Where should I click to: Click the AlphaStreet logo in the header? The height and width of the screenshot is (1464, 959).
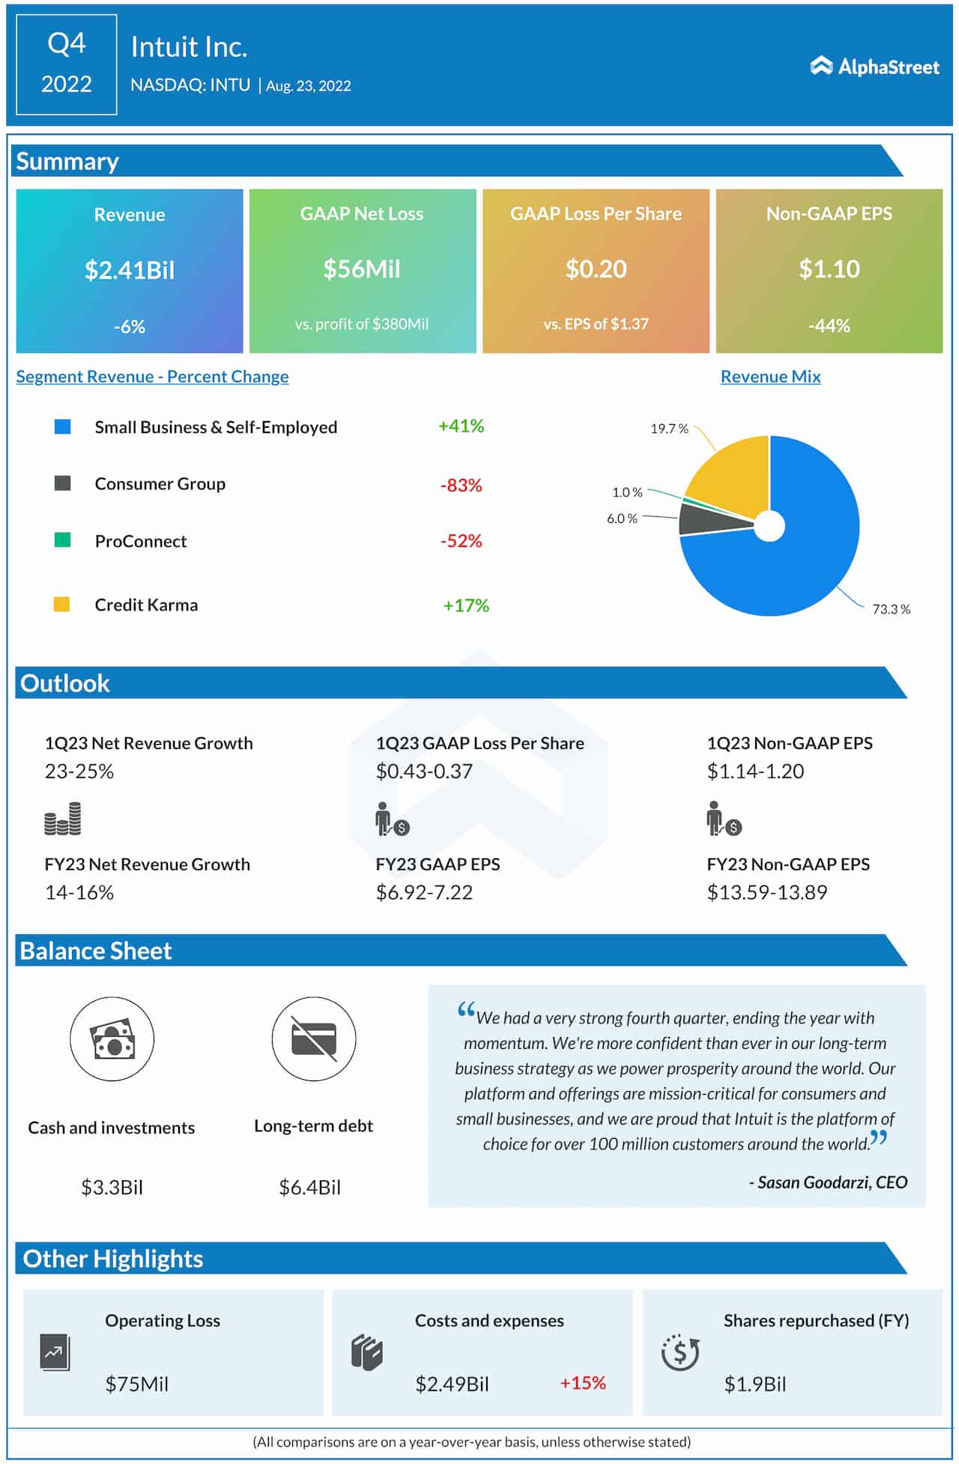[874, 67]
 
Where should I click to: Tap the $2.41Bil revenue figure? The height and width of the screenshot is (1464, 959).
[130, 270]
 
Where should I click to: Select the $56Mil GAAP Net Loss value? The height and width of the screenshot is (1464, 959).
[362, 269]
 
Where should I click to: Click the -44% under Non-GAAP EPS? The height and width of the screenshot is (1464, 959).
[829, 326]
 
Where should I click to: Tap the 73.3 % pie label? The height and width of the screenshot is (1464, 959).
[891, 609]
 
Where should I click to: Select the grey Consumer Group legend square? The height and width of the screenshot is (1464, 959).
[63, 483]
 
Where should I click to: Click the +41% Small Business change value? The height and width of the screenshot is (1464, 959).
[461, 426]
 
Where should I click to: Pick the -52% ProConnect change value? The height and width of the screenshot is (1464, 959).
[461, 541]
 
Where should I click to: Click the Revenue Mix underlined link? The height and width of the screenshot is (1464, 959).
[770, 377]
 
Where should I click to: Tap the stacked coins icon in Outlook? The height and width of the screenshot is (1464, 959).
[63, 819]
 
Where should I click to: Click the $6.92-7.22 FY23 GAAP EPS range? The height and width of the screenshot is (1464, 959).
[424, 892]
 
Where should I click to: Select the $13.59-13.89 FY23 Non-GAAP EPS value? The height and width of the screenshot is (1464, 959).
[766, 892]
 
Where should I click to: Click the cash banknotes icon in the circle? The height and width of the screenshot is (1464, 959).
[112, 1039]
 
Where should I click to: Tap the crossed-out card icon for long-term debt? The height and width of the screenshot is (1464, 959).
[314, 1039]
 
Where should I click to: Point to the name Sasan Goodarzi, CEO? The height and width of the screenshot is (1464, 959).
[828, 1182]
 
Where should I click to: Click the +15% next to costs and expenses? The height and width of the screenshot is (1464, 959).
[583, 1383]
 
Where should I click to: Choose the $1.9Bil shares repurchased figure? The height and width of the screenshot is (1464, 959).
[754, 1384]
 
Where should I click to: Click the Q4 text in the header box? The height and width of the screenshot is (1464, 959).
[67, 44]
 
